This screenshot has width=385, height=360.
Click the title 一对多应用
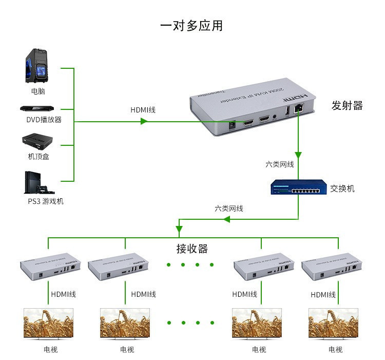click(191, 26)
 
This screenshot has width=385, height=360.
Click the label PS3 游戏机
click(46, 201)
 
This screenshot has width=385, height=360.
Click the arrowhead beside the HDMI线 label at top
click(144, 121)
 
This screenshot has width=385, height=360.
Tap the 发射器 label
click(347, 106)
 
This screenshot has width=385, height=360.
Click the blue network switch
click(299, 187)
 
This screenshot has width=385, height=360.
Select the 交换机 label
click(342, 188)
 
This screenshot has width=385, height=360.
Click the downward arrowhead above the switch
click(298, 155)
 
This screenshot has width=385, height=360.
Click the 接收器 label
click(192, 249)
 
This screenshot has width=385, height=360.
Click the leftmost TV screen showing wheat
click(48, 323)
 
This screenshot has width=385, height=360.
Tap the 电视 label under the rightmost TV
click(335, 350)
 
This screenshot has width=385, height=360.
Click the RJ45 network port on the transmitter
click(299, 109)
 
